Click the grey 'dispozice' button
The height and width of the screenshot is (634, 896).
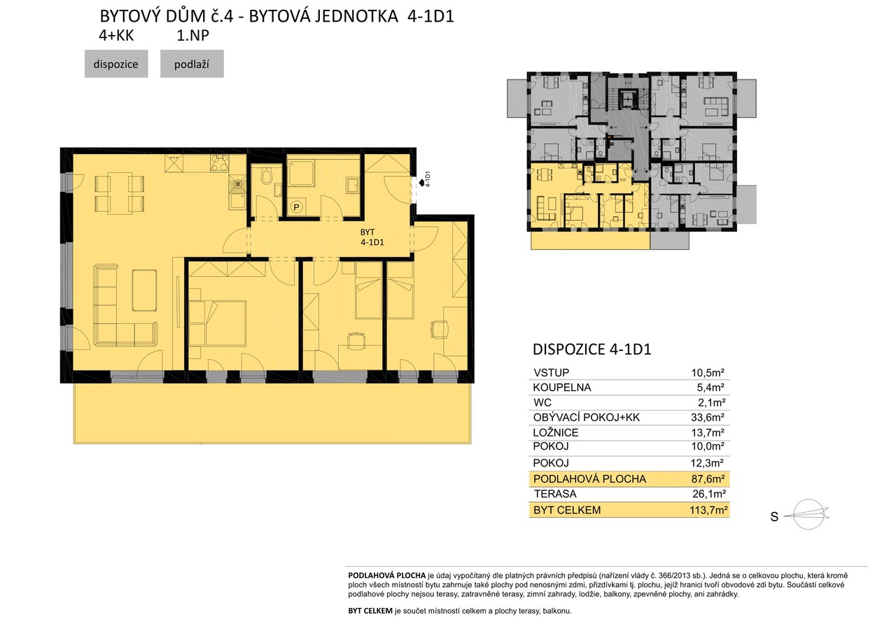(116, 64)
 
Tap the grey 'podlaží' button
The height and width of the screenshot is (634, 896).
(192, 64)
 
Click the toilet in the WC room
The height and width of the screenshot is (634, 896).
(266, 175)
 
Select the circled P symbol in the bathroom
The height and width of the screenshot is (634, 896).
(296, 207)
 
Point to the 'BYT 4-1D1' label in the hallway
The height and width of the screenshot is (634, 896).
(372, 237)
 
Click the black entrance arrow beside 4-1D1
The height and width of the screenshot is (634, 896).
(421, 183)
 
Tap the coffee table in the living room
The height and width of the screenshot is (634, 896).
(144, 290)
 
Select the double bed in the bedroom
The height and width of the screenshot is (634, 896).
(217, 323)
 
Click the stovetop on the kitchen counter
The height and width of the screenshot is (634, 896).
(220, 164)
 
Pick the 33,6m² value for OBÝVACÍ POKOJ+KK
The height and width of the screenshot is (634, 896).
(708, 418)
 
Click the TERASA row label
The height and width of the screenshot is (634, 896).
(555, 494)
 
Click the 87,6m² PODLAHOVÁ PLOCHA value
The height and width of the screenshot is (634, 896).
(708, 478)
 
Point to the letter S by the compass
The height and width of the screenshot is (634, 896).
(774, 517)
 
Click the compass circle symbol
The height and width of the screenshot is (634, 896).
(808, 514)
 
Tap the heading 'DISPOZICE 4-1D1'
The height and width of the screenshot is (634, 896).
(592, 350)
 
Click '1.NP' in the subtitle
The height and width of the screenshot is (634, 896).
(192, 36)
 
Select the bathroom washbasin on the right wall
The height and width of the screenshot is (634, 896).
(353, 186)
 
